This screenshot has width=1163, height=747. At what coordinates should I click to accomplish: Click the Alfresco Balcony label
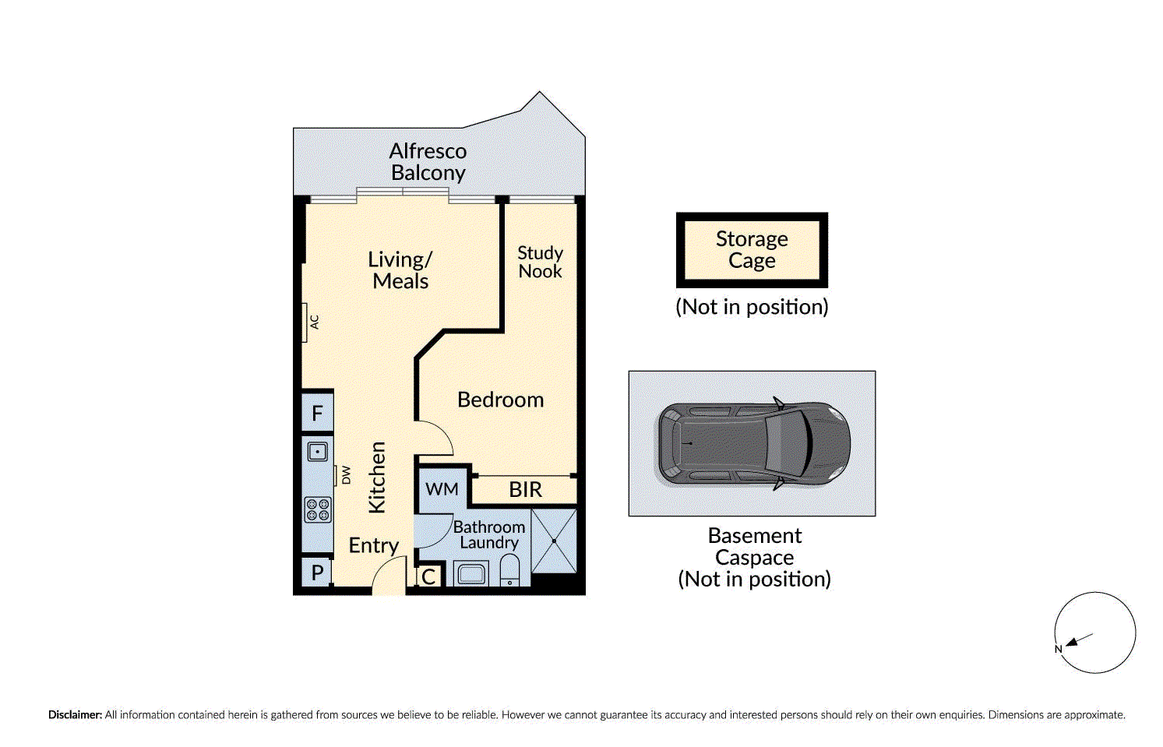[428, 162]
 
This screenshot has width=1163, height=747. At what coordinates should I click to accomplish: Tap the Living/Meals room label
[400, 270]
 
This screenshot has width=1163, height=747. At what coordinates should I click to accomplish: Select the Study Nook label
[540, 263]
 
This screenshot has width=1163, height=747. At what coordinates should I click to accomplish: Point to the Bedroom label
[501, 400]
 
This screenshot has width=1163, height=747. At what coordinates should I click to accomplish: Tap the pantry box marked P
[317, 573]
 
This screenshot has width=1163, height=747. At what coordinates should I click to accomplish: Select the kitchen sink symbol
[317, 452]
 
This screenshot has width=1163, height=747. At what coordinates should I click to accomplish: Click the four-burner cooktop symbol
[318, 509]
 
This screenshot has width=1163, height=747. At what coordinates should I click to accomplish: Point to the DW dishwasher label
[346, 475]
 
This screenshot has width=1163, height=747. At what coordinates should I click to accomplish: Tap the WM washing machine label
[442, 489]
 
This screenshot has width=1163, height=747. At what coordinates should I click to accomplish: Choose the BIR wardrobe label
[525, 489]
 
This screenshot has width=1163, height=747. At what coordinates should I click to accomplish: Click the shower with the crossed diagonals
[554, 541]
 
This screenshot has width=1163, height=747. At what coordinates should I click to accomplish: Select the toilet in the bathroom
[510, 570]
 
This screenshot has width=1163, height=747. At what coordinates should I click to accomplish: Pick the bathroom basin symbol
[471, 573]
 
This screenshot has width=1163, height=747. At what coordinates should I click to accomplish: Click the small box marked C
[429, 576]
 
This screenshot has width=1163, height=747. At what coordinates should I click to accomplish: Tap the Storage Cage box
[752, 250]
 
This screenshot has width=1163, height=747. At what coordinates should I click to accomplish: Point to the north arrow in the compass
[1079, 640]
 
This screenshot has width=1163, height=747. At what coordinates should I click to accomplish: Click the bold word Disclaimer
[76, 715]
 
